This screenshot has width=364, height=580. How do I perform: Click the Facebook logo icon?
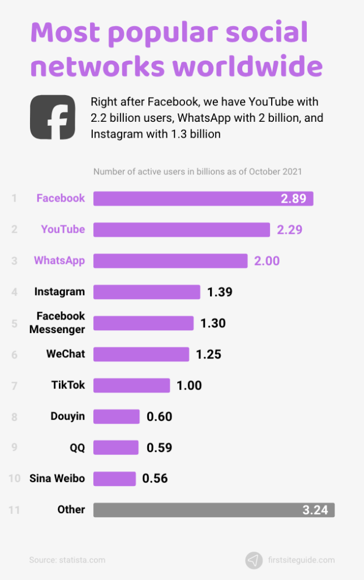52,117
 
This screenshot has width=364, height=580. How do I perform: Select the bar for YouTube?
181,229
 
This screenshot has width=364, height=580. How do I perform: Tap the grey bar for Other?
213,510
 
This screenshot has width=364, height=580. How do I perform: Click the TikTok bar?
131,385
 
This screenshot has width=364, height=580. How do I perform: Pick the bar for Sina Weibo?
114,479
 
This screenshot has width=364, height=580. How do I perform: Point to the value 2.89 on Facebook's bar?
293,199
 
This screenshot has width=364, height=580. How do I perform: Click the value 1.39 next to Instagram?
220,292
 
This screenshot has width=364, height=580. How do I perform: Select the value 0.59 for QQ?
159,447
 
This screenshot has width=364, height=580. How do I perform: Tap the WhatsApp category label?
59,261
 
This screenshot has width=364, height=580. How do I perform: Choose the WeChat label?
66,354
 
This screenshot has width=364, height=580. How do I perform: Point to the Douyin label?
67,416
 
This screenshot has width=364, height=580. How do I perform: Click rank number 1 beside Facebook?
14,198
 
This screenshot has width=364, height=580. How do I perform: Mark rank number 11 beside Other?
14,510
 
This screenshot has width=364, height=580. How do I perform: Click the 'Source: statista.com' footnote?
67,560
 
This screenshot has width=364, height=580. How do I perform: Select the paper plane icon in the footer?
254,560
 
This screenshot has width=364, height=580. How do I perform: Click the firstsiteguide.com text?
301,560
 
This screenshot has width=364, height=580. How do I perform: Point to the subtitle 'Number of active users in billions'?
198,172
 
